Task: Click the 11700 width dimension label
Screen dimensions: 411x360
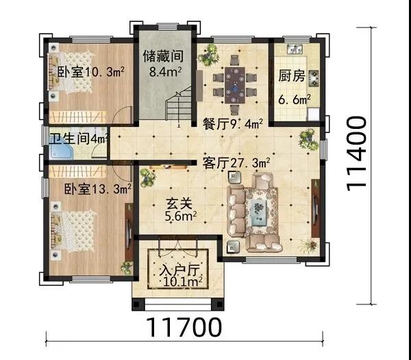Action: coord(184,327)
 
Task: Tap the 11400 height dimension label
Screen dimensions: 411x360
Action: coord(356,154)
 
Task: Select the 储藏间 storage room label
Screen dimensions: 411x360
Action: coord(163,56)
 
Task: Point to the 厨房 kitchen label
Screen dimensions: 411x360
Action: coord(292,75)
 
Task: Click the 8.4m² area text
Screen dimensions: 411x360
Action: coord(165,71)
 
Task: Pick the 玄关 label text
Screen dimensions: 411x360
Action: coord(179,203)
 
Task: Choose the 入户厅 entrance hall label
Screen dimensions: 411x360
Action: coord(179,271)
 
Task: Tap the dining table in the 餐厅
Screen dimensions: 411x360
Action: coord(235,85)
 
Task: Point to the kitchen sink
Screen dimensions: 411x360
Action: coord(295,49)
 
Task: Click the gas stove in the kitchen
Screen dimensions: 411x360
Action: coord(314,78)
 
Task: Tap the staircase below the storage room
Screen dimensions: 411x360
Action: coord(179,104)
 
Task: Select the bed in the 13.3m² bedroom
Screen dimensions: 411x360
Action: coord(73,230)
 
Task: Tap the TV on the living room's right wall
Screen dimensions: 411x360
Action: coord(314,208)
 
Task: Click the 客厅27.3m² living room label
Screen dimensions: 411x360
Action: coord(236,163)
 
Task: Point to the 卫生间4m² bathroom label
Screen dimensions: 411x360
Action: coord(79,139)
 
